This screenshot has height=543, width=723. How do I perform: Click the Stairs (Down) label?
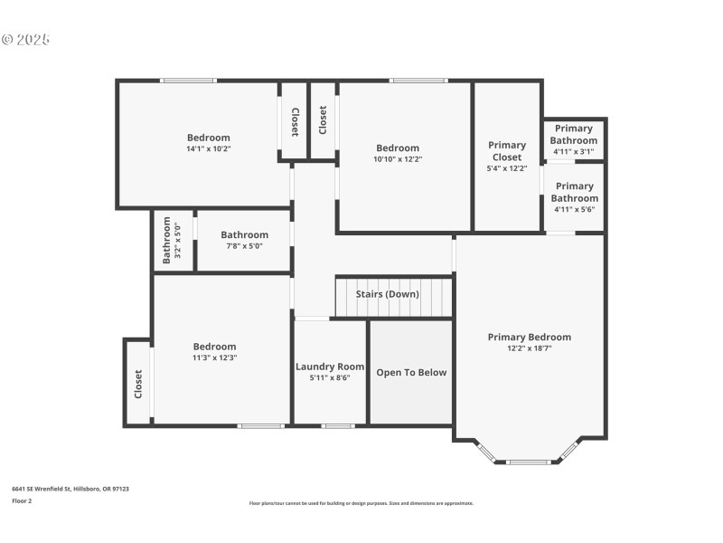coord(387,294)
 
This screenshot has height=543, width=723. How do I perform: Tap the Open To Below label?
coord(411,372)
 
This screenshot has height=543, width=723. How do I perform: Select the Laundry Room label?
coord(330,367)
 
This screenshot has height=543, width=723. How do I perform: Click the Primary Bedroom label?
coord(530,338)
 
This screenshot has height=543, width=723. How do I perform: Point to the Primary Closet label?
coord(507,151)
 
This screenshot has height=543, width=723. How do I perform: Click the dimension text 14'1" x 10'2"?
coord(209,149)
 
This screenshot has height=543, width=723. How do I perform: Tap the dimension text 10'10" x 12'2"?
coord(398,159)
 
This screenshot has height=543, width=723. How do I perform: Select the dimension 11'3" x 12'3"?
coord(215,357)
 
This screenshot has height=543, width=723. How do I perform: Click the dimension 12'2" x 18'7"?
coord(530,348)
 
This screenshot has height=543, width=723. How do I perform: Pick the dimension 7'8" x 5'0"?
coord(245,245)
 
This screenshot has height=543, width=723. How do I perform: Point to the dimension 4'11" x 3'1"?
coord(574,151)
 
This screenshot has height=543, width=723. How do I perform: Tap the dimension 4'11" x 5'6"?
coord(574,209)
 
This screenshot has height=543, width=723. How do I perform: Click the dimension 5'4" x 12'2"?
coord(507,168)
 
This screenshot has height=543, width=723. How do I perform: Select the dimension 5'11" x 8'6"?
coord(330,378)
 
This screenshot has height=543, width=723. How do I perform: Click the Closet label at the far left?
coord(138,384)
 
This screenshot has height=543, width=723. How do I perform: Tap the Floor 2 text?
coord(22,500)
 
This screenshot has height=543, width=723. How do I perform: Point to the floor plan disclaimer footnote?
coord(361,503)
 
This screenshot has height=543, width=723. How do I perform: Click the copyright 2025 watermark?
coord(25,40)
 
